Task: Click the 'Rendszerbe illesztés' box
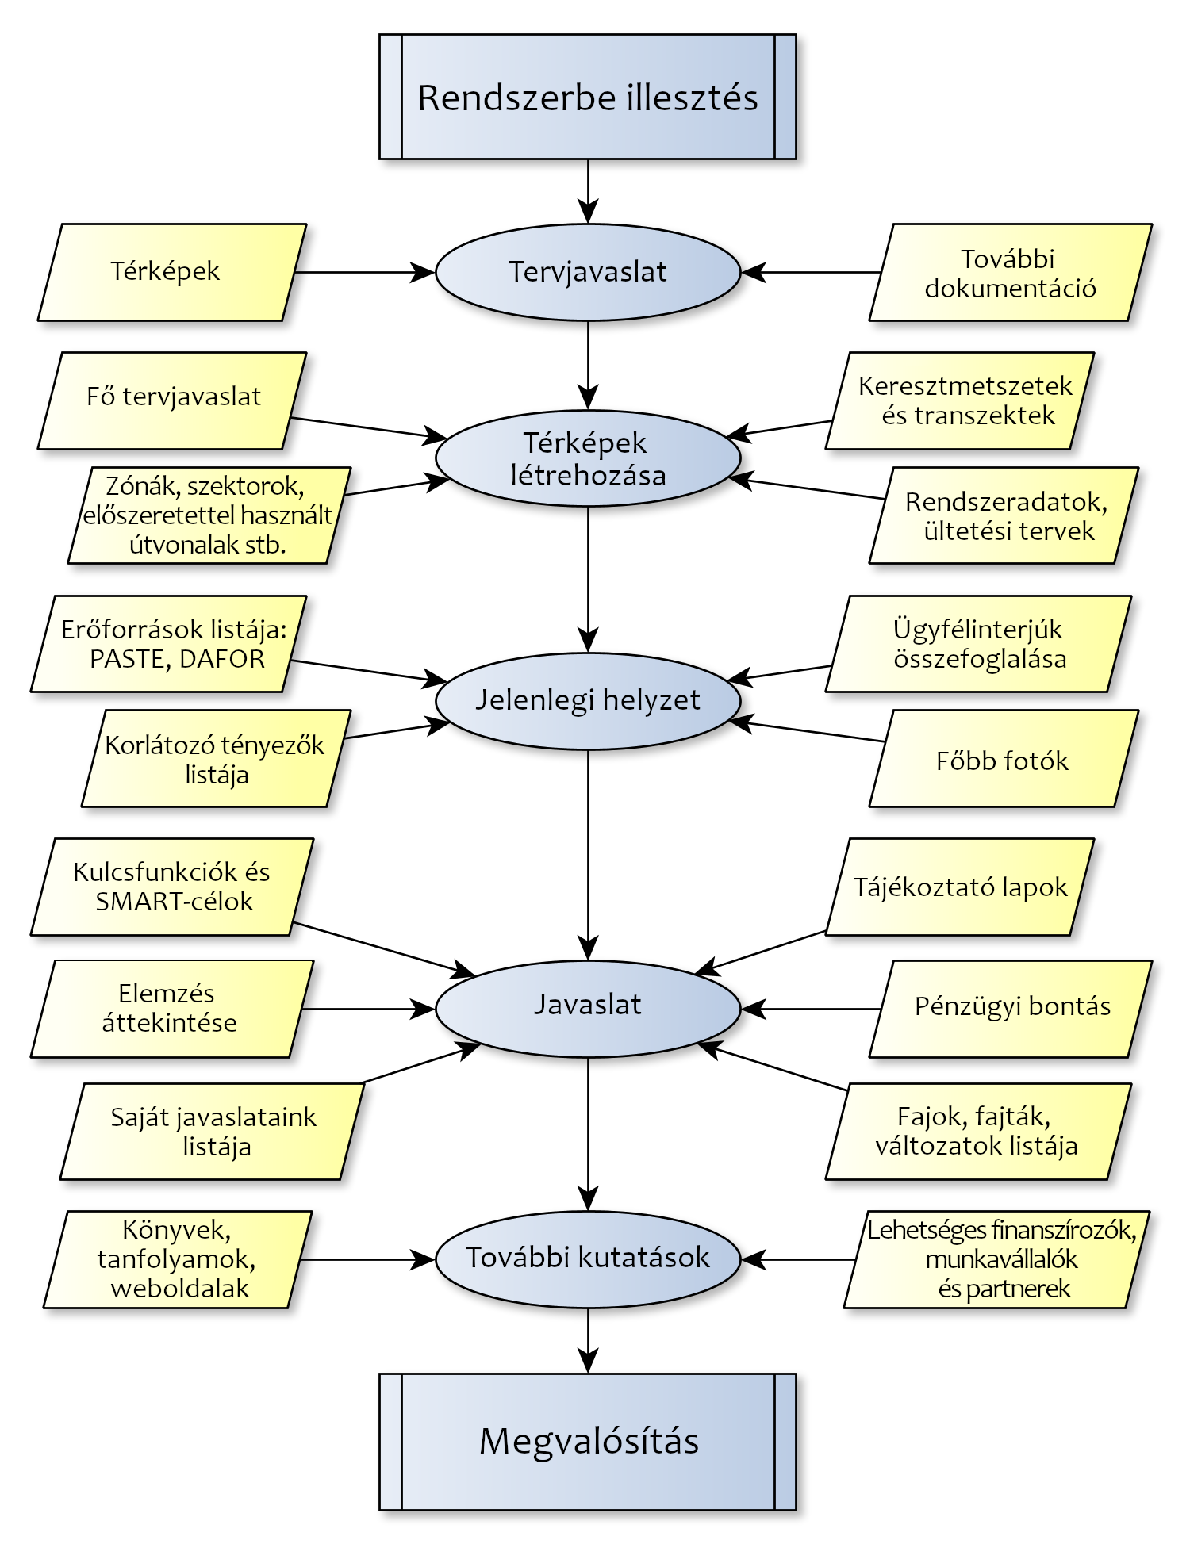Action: click(587, 97)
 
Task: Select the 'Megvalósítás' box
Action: click(587, 1441)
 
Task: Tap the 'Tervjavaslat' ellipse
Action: click(587, 272)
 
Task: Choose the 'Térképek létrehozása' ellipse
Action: click(587, 458)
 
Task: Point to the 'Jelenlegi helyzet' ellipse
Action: click(587, 700)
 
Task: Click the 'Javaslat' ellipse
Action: click(587, 1005)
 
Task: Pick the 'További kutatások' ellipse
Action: click(587, 1259)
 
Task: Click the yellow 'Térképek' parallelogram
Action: click(171, 272)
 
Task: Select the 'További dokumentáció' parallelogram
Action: click(1010, 273)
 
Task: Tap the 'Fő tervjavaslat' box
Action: click(172, 400)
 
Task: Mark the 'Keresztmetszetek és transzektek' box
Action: click(960, 400)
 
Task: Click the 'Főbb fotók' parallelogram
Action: click(1004, 759)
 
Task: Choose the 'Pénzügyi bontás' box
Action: click(1011, 1008)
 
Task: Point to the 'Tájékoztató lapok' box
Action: click(960, 887)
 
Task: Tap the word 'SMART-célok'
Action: click(175, 902)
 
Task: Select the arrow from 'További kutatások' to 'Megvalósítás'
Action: click(588, 1340)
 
